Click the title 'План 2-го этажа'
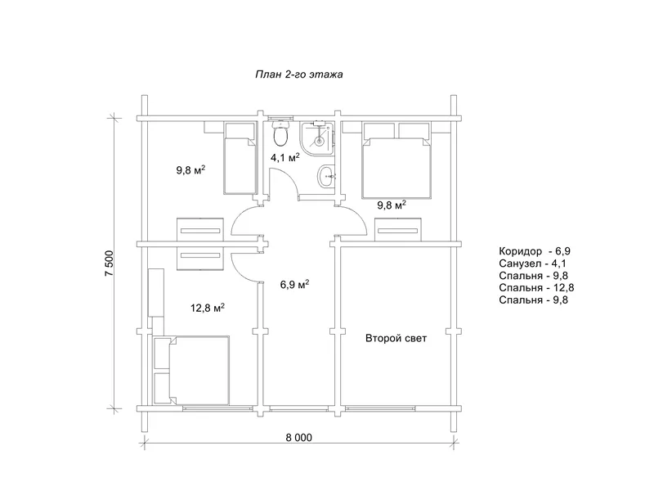298,74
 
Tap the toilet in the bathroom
280,133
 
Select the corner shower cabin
317,137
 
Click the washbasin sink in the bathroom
326,177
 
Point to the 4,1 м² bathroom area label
284,158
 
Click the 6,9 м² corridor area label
294,285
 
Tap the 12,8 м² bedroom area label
208,309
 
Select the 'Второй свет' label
396,338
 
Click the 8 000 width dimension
298,438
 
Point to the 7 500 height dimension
109,264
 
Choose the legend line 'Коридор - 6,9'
535,251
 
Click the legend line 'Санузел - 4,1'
532,264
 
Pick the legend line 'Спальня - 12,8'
536,288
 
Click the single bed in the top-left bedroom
240,158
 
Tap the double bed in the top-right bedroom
396,160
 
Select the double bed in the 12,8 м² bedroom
191,371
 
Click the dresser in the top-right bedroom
397,230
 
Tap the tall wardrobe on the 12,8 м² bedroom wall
156,293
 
